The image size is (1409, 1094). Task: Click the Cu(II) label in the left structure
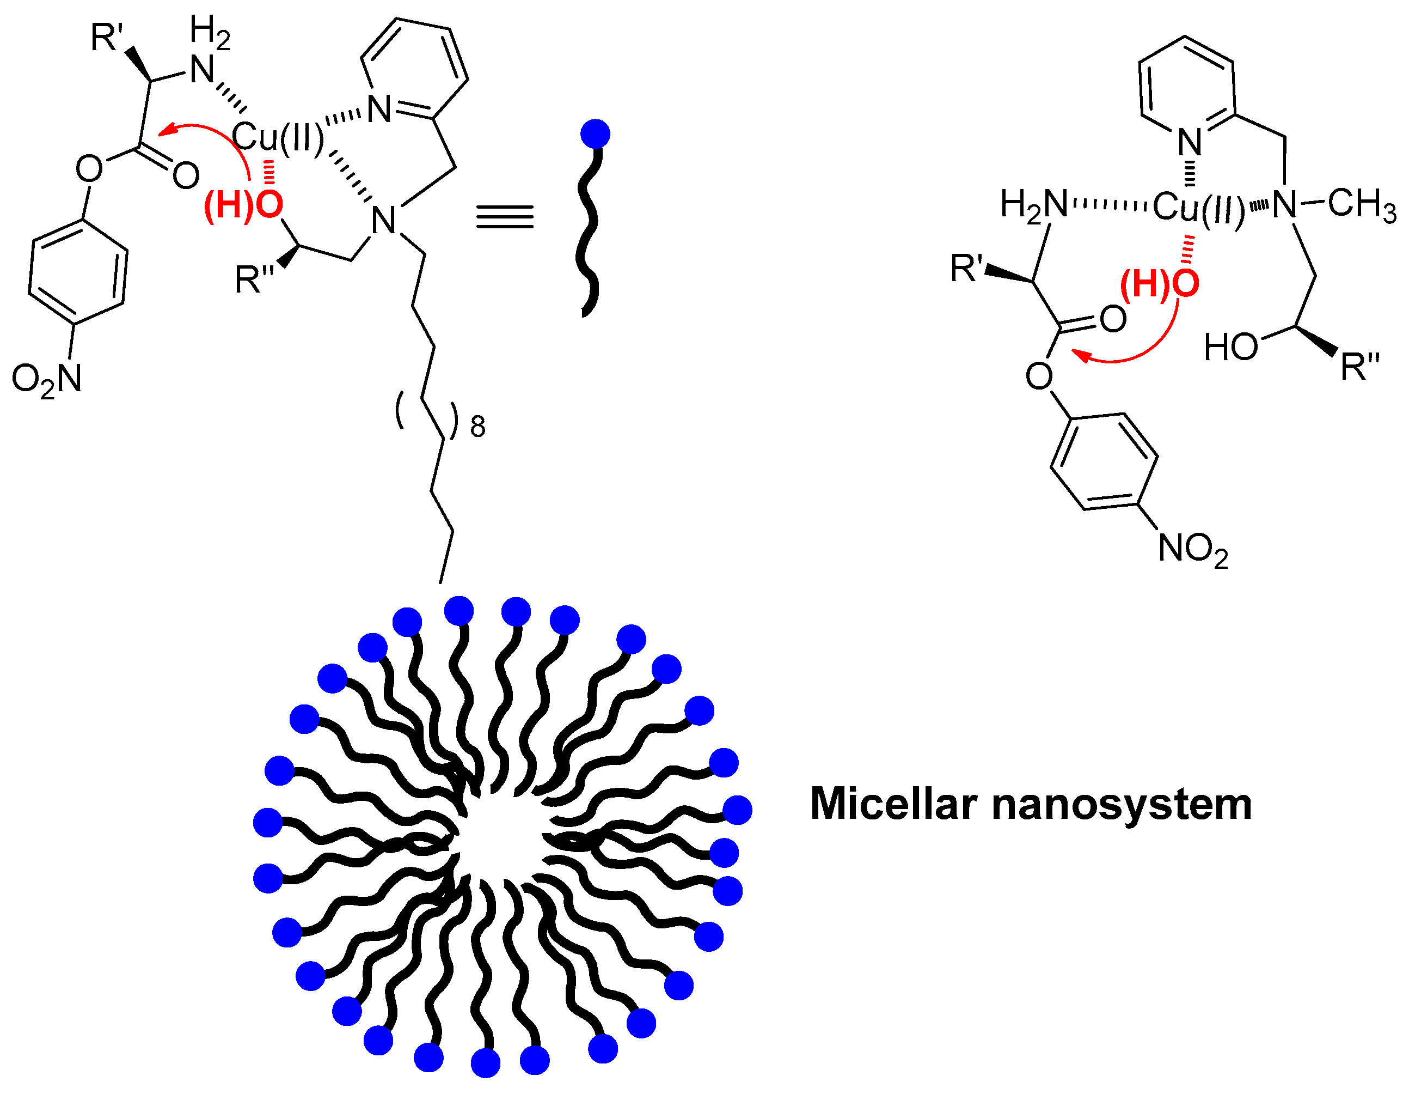click(x=278, y=137)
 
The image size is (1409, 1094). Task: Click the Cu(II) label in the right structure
click(x=1199, y=208)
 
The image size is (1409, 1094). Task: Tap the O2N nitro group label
click(x=46, y=379)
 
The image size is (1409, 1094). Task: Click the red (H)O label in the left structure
click(x=243, y=205)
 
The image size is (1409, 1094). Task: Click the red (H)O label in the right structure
click(x=1159, y=283)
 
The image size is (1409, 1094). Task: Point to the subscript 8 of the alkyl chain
click(x=477, y=427)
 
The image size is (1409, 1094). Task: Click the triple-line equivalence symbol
click(x=505, y=217)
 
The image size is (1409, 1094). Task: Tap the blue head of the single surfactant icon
click(x=595, y=134)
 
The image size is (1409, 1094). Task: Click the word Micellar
click(x=893, y=805)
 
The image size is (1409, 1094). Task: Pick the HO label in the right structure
click(x=1230, y=347)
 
